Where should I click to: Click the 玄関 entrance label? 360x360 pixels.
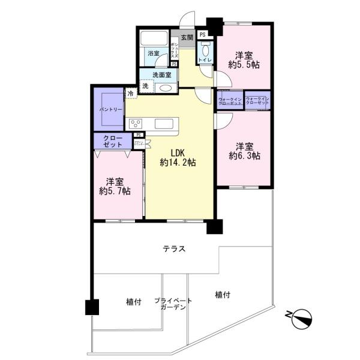[187, 37]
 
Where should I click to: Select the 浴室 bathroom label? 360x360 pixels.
[154, 53]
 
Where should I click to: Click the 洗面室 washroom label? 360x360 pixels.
[160, 75]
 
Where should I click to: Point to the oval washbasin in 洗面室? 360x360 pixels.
[166, 88]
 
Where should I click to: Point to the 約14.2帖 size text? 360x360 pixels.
[177, 163]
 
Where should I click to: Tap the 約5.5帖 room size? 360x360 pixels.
[244, 65]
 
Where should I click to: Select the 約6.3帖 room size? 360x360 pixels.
[244, 156]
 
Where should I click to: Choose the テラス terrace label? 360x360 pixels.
[173, 249]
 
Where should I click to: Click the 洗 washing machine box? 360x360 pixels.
[144, 87]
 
